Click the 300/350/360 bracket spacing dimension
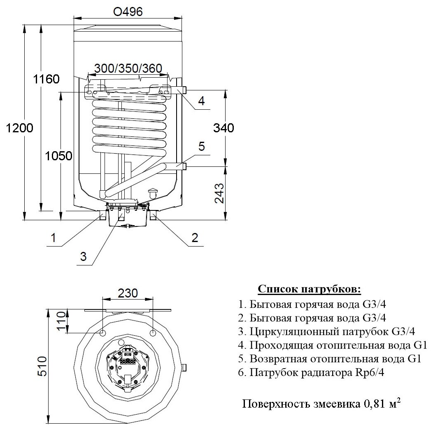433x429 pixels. point(128,68)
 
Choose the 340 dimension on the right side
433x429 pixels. point(224,128)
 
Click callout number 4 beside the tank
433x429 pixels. point(201,101)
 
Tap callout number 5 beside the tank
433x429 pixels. point(201,146)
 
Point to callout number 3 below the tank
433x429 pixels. point(83,257)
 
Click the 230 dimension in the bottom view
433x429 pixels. point(127,293)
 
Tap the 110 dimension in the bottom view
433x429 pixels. point(62,322)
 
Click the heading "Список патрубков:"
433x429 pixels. point(309,289)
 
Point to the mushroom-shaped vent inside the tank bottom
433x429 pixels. point(153,192)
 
